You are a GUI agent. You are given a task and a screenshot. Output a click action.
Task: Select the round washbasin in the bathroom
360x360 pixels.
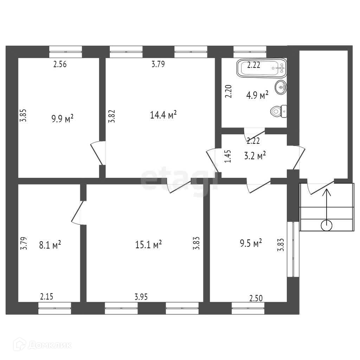coord(282,87)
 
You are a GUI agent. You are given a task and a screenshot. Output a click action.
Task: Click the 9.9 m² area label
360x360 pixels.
coord(63,118)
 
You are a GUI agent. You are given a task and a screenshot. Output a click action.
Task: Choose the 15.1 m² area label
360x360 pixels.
coord(148,244)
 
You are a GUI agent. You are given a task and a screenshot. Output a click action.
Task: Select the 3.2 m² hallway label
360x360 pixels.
coord(255,155)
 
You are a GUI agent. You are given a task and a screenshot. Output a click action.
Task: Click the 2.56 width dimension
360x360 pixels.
coord(60,64)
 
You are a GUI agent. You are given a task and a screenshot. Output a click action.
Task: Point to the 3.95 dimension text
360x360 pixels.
coord(141,297)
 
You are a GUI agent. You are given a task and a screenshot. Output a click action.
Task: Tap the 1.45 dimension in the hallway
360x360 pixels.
coord(228,156)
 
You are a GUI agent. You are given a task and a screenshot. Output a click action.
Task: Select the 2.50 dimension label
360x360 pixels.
coord(256,298)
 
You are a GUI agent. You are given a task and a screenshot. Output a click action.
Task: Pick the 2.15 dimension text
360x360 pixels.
coord(46,297)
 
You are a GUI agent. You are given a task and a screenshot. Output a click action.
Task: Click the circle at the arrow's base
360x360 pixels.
coord(326,225)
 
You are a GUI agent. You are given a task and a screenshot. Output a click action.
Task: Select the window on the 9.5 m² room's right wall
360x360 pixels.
coord(291,249)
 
